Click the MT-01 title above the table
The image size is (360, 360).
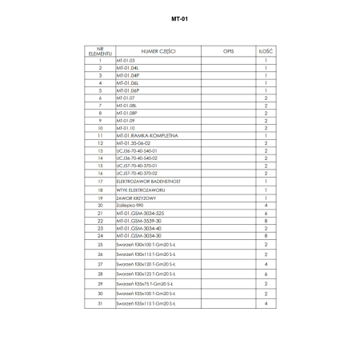179,17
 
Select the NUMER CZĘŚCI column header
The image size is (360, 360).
158,50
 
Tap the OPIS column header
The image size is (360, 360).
226,50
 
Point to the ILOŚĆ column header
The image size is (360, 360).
265,50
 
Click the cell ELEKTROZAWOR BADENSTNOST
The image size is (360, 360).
149,182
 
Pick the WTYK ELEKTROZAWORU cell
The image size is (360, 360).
141,190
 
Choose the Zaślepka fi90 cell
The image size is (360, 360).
130,205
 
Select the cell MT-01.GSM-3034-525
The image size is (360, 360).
140,213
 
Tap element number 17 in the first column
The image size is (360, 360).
101,182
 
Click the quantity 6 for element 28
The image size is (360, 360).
265,274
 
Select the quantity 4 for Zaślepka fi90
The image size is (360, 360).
265,205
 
